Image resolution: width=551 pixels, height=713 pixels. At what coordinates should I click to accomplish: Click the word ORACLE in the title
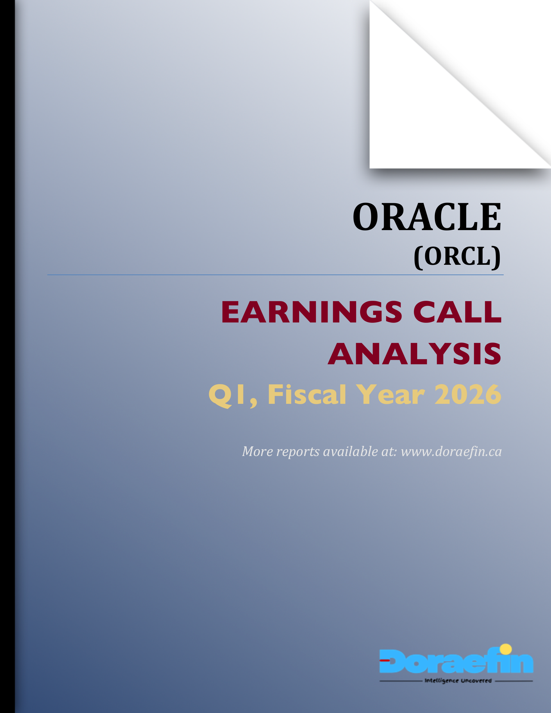tap(427, 217)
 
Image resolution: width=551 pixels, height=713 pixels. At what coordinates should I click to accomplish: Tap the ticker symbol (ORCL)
tap(457, 257)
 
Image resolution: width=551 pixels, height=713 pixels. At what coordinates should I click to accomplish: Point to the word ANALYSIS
tap(414, 354)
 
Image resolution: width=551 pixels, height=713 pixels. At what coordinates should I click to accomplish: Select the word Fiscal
tap(307, 395)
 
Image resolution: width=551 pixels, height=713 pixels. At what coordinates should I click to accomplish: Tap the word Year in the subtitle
tap(390, 395)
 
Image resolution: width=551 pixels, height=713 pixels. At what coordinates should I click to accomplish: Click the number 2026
tap(467, 395)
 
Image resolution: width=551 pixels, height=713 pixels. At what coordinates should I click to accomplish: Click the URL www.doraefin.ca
tap(451, 452)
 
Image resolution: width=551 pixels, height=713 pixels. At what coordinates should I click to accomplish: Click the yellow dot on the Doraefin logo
tap(506, 649)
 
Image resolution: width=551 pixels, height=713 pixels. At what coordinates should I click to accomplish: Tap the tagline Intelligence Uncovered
tap(458, 681)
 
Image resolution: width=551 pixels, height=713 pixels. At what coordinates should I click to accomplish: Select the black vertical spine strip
tap(7, 356)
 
